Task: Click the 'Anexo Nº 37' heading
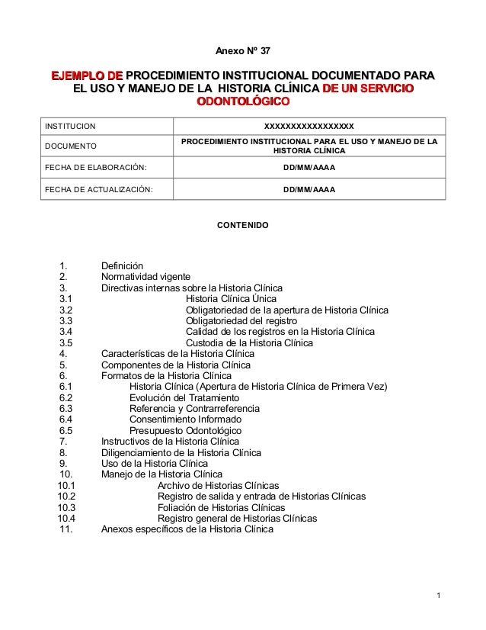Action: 242,51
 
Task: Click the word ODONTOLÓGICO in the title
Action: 242,101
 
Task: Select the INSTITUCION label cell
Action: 69,126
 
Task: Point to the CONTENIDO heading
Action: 242,226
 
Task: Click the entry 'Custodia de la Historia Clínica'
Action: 249,343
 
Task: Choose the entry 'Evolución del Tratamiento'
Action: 184,398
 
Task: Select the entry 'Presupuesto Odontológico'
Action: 185,431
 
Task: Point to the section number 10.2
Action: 66,497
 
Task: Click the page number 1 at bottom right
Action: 440,594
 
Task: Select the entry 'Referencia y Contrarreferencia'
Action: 194,409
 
